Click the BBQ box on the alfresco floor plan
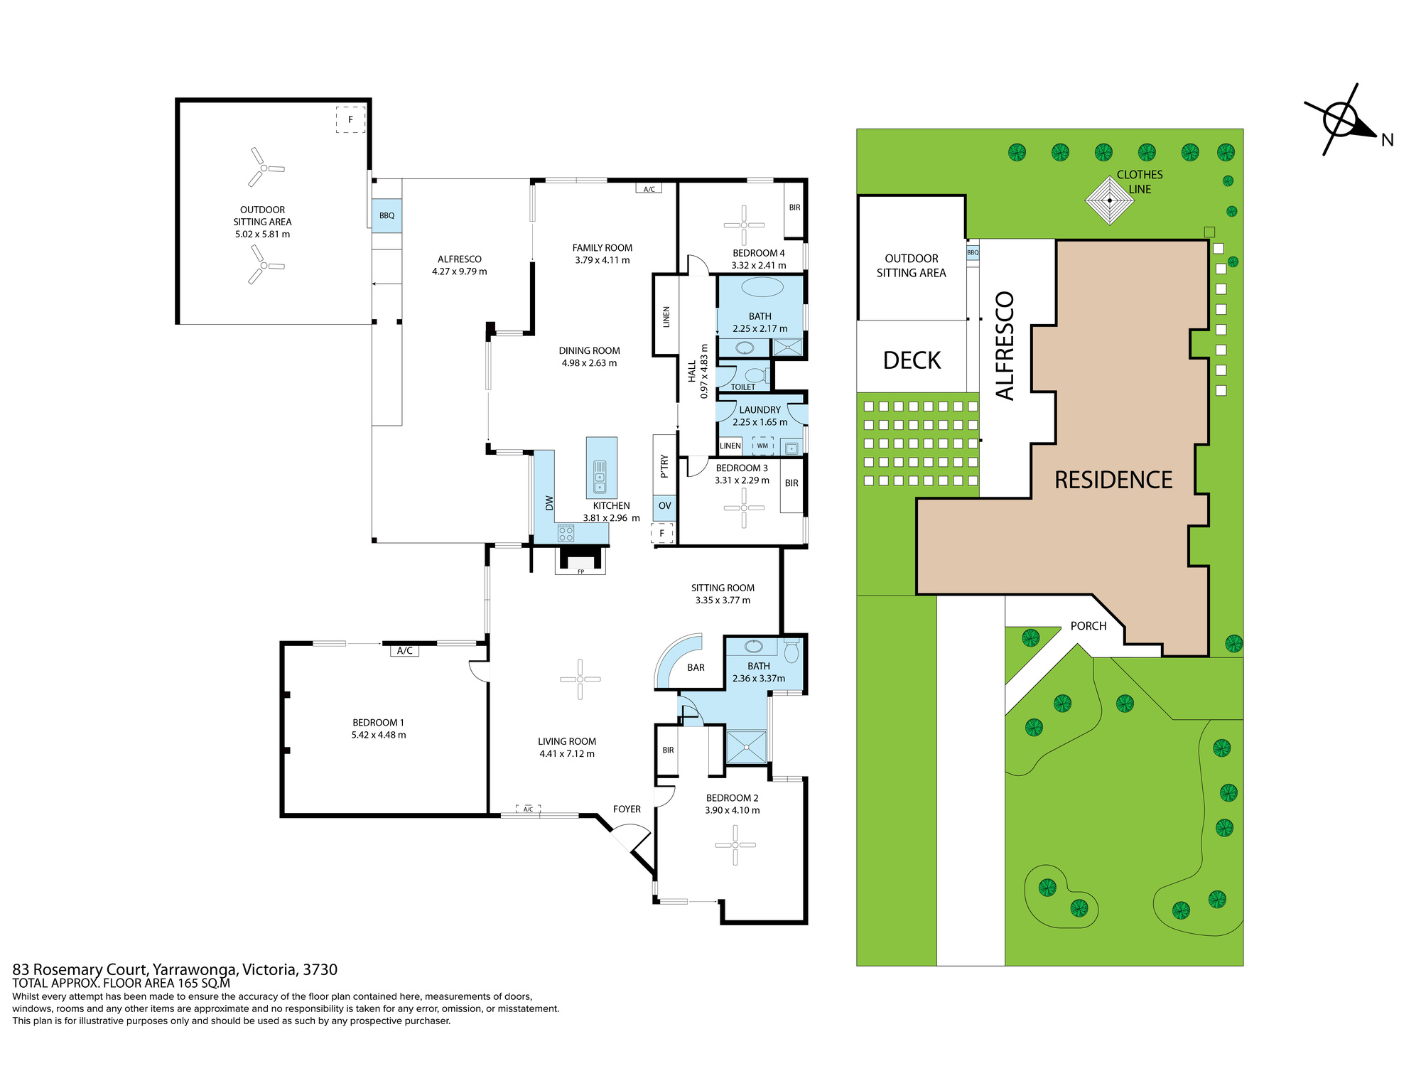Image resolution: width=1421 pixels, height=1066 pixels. click(387, 215)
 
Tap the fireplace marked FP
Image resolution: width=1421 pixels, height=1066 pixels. click(580, 560)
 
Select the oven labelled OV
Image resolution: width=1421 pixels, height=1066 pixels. click(664, 506)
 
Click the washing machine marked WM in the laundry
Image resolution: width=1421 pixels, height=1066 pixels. click(762, 446)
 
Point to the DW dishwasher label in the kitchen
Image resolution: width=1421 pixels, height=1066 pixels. click(549, 503)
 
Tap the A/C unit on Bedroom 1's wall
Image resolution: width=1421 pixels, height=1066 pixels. click(405, 650)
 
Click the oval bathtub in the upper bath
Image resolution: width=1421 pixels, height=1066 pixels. click(762, 288)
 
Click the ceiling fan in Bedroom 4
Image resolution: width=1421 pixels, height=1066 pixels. click(744, 225)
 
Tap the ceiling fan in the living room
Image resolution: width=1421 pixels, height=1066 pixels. click(580, 679)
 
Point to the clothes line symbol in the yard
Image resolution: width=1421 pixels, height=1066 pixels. click(1110, 200)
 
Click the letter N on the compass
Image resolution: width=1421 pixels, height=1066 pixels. click(1387, 140)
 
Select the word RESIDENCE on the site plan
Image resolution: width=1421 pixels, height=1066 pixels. click(1113, 480)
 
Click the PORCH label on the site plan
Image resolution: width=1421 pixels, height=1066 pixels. click(1088, 626)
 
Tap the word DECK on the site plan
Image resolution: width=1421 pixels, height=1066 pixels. click(912, 360)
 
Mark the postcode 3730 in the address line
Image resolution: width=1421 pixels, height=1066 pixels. click(320, 969)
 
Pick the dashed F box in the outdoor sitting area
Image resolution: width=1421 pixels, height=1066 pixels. click(350, 119)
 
